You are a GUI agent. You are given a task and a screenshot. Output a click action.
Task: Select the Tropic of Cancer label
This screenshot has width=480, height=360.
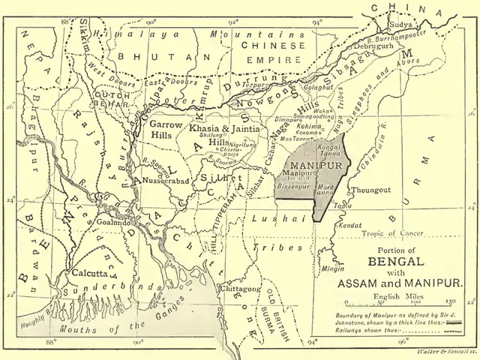(393, 234)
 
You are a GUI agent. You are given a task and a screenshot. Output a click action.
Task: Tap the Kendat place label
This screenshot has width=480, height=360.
(349, 225)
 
